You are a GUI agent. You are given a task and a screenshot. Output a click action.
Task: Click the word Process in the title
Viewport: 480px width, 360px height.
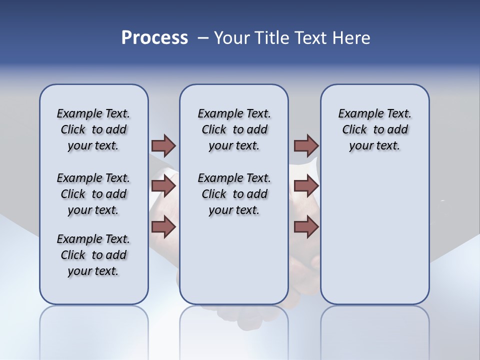coord(154,37)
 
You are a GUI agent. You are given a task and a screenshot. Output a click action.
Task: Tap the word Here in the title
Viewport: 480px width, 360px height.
coord(352,38)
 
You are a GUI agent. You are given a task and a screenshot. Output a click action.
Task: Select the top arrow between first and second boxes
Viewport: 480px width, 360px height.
coord(163,145)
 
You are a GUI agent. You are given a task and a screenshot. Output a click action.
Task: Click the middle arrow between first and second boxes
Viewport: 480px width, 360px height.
coord(163,186)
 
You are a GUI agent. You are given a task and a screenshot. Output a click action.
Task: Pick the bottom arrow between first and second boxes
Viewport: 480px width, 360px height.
coord(163,227)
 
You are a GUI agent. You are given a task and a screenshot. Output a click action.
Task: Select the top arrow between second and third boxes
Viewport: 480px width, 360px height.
coord(306,145)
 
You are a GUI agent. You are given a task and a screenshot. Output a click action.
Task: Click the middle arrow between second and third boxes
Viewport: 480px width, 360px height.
coord(306,186)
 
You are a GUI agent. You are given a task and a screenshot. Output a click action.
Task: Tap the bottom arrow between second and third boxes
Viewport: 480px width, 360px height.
coord(306,227)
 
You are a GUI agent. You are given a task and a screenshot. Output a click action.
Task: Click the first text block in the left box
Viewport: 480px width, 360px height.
coord(93,129)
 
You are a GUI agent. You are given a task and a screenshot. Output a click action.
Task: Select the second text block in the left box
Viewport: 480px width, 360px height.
coord(93,194)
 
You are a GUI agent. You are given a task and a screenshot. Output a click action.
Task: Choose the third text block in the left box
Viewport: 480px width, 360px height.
coord(93,255)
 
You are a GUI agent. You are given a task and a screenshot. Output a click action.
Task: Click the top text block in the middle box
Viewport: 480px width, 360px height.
coord(234,129)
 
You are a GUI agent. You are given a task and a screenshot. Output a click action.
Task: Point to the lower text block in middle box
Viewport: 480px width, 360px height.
coord(234,194)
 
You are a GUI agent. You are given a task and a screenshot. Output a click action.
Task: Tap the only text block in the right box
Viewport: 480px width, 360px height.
coord(374,129)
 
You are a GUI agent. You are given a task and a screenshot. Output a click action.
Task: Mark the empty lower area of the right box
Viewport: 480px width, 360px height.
coord(374,235)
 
